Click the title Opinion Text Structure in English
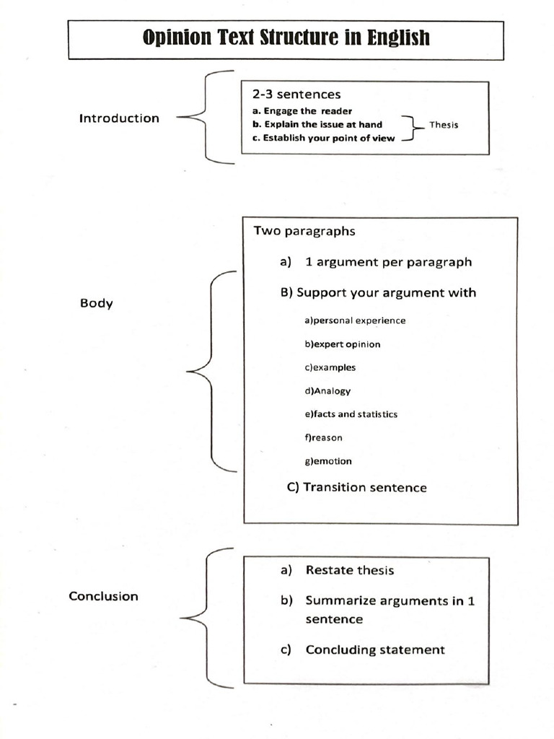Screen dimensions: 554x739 [286, 38]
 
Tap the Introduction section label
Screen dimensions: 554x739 [119, 118]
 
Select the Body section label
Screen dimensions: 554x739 [96, 303]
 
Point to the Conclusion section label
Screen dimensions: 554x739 [104, 596]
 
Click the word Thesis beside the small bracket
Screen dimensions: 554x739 [444, 125]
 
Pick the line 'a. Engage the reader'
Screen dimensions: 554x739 [302, 111]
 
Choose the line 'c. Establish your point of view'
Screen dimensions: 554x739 [323, 138]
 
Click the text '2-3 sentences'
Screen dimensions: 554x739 [296, 95]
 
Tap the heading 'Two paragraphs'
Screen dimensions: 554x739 [304, 231]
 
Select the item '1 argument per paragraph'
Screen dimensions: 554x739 [388, 262]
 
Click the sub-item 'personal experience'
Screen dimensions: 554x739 [355, 320]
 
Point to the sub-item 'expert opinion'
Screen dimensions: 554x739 [343, 344]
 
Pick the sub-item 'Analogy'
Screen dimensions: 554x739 [327, 391]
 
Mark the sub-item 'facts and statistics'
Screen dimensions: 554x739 [351, 414]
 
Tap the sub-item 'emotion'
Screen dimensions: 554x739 [328, 461]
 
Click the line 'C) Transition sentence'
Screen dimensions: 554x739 [356, 487]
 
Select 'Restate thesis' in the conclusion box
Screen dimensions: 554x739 [350, 570]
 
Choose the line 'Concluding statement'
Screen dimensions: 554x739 [375, 650]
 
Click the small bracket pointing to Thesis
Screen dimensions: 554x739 [413, 127]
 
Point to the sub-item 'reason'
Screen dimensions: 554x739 [323, 438]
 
